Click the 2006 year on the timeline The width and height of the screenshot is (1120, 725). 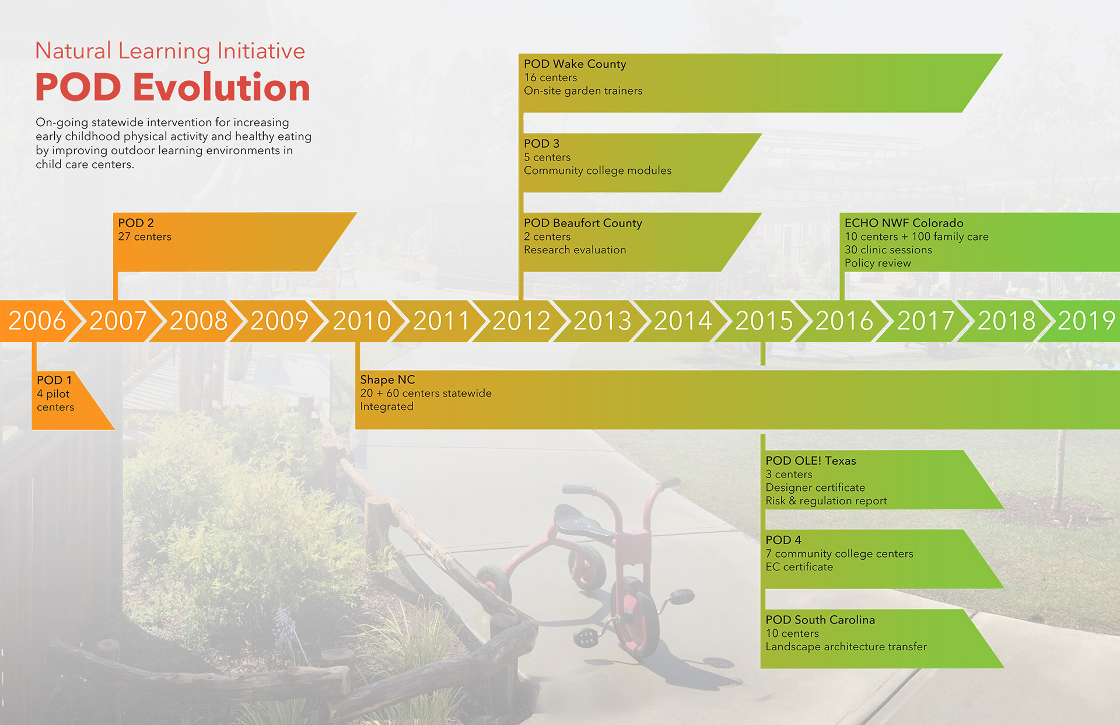[37, 320]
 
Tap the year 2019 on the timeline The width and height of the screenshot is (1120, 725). [1086, 320]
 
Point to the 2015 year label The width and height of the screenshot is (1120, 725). [764, 320]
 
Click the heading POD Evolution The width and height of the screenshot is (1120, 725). [173, 88]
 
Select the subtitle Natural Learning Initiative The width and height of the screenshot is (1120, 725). [170, 51]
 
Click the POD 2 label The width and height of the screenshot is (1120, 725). [136, 223]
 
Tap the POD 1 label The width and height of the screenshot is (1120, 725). [54, 380]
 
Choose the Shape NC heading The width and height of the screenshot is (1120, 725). [387, 379]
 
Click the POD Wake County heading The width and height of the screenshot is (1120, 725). [575, 64]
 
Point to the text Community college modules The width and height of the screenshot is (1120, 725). [597, 170]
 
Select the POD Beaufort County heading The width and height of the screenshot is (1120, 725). [583, 223]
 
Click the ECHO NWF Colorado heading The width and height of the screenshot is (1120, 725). [904, 223]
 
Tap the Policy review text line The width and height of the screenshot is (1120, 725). [877, 263]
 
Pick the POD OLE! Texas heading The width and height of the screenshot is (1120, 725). [811, 461]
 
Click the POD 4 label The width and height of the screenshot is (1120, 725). [783, 540]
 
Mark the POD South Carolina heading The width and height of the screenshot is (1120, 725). [820, 620]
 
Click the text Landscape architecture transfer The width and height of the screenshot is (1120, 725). [846, 647]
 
